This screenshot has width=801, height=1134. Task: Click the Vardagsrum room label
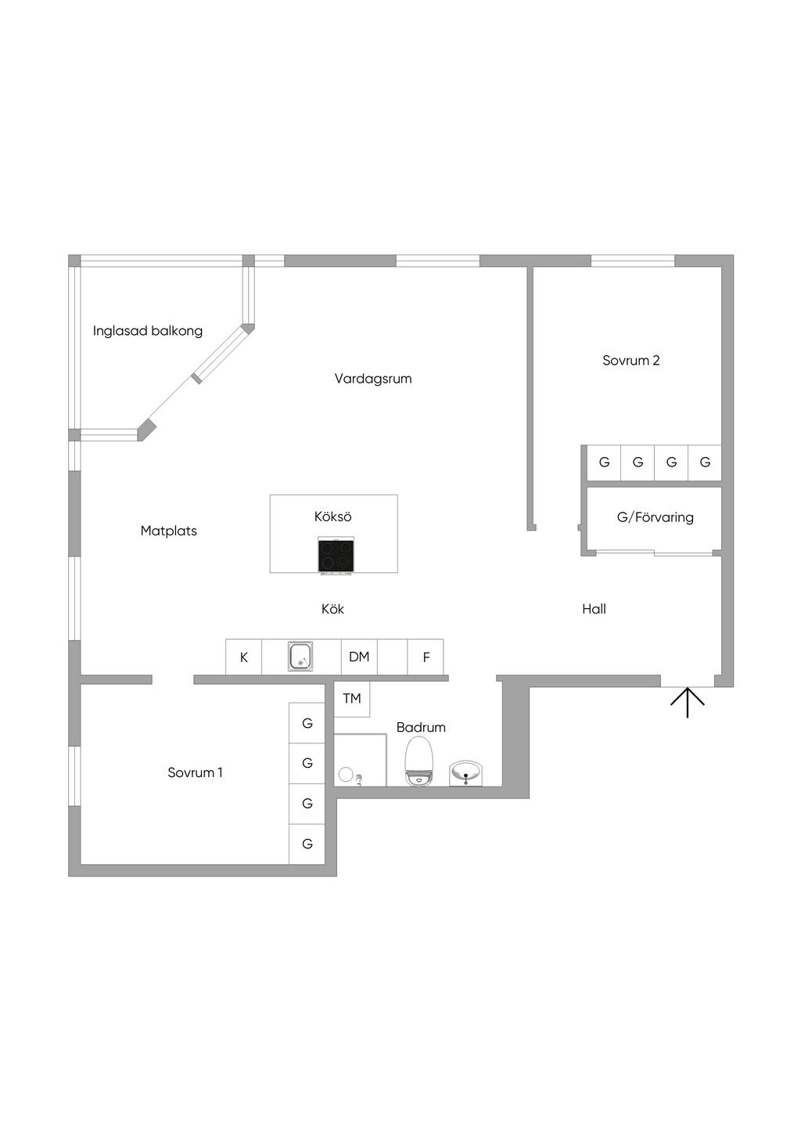(x=373, y=379)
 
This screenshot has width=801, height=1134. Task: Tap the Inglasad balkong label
(x=148, y=331)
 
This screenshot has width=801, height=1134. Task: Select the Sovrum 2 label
(x=630, y=361)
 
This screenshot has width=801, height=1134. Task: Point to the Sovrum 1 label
(x=195, y=772)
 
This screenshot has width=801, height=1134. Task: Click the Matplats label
(x=168, y=531)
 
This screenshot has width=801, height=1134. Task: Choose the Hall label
(x=594, y=609)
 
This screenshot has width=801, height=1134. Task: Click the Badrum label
(x=421, y=727)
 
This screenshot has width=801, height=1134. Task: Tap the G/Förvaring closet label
(x=655, y=517)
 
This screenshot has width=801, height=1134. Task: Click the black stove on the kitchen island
(x=336, y=556)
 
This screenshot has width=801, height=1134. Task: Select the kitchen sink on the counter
(x=301, y=656)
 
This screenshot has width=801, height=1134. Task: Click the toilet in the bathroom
(x=418, y=762)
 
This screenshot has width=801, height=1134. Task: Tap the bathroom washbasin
(x=466, y=773)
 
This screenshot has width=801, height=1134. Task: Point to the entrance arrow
(x=687, y=702)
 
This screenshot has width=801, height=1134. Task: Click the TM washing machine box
(x=352, y=698)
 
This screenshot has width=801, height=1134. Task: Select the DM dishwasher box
(x=359, y=657)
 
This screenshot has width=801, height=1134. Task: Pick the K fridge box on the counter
(x=244, y=657)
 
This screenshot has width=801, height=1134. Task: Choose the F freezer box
(x=426, y=657)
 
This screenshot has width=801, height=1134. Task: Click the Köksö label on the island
(x=333, y=517)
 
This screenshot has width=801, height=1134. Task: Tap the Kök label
(x=332, y=609)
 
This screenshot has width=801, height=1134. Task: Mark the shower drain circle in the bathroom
(x=345, y=775)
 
